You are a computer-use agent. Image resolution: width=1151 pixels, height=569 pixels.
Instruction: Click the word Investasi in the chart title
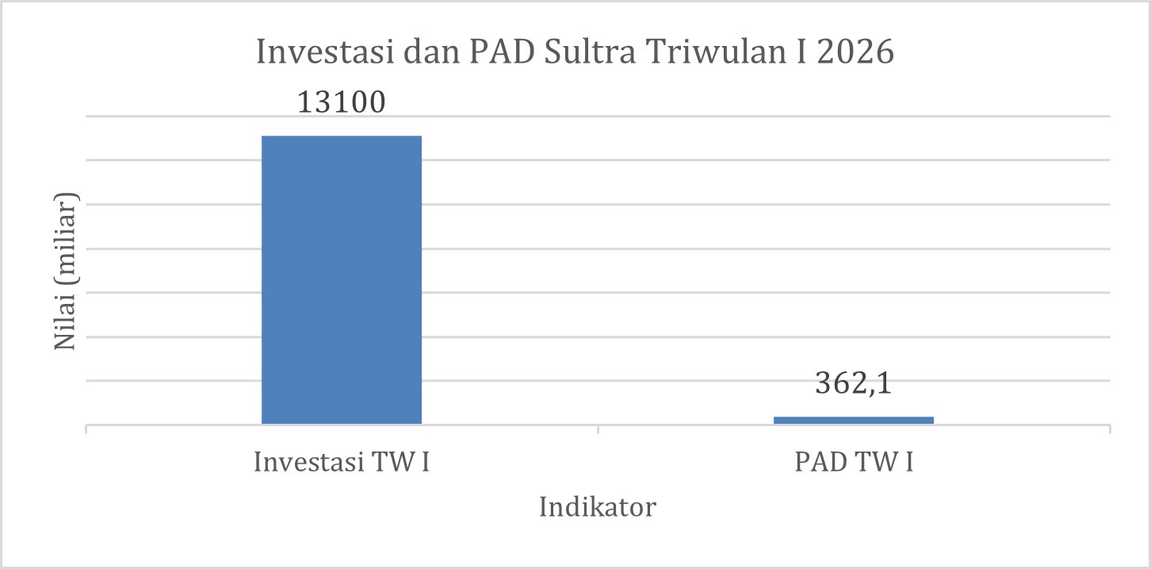pos(325,52)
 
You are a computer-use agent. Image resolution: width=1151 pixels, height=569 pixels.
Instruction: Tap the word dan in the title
pos(431,52)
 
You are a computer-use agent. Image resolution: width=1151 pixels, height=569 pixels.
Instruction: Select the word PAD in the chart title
pos(502,52)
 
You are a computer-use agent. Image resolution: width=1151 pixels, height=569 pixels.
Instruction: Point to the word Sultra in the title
pos(590,52)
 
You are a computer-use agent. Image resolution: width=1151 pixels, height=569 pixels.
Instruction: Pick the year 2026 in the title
pos(855,52)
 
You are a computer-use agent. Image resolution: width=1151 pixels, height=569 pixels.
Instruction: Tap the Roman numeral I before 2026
pos(801,52)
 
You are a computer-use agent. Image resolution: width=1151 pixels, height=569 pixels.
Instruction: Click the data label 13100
pos(341,102)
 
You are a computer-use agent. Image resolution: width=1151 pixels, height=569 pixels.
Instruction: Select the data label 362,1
pos(853,383)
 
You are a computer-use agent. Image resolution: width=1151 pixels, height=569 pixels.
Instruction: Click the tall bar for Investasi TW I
pos(342,280)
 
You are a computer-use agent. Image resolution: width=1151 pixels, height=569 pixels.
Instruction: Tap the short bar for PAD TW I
pos(854,421)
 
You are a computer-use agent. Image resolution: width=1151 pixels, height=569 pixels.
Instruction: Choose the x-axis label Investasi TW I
pos(341,462)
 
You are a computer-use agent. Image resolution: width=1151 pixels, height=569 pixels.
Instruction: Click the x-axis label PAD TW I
pos(854,462)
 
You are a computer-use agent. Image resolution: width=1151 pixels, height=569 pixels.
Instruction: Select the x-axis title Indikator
pos(598,507)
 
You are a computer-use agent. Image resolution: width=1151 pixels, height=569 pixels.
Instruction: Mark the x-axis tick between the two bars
pos(598,429)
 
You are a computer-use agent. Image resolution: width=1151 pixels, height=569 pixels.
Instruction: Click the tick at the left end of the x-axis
pos(86,429)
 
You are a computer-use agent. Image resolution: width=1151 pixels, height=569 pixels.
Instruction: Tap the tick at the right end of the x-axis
pos(1111,429)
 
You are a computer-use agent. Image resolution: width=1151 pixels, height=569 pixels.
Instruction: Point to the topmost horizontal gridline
pos(598,117)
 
